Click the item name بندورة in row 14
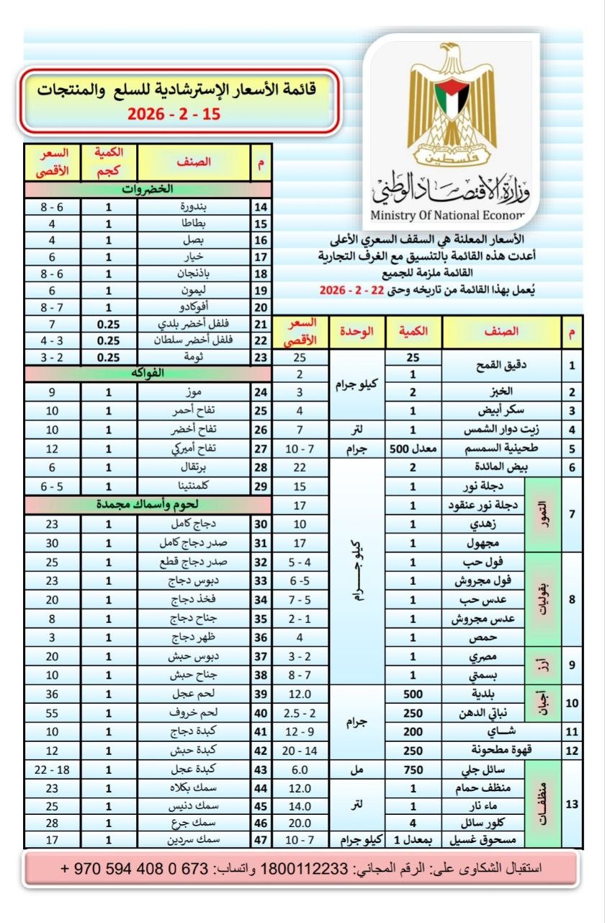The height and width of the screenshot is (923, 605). click(193, 206)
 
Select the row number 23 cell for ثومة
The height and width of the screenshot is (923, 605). click(260, 358)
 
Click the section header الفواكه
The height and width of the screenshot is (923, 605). click(147, 373)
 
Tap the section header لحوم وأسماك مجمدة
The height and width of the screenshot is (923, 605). click(147, 504)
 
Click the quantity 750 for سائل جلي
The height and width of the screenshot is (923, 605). click(413, 770)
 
